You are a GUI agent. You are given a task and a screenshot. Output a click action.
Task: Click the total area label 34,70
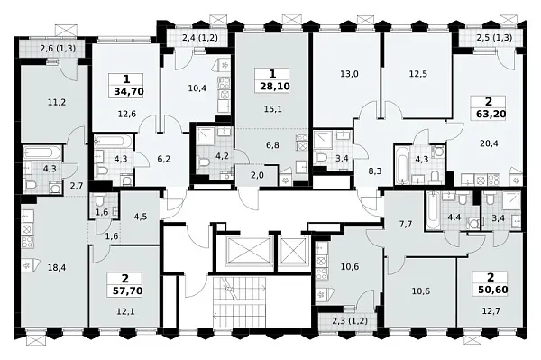tap(128, 92)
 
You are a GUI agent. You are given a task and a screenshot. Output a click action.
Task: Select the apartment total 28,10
tap(275, 87)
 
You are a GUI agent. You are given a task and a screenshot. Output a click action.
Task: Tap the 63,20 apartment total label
tap(490, 114)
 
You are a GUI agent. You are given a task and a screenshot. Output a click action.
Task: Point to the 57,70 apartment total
tap(127, 291)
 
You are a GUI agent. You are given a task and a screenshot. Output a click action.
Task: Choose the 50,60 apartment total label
tap(492, 290)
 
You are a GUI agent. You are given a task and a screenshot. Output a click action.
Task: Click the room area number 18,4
tap(57, 268)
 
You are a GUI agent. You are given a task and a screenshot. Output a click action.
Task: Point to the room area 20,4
tap(489, 143)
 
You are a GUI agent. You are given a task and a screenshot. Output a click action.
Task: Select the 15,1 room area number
tap(272, 109)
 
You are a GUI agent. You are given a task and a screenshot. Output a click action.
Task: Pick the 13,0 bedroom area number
tap(349, 74)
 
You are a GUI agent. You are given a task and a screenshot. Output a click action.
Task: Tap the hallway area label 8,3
tap(375, 171)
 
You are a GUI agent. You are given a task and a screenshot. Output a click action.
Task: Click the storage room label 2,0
tap(257, 175)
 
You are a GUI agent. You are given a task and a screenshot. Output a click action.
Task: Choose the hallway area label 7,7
tap(406, 225)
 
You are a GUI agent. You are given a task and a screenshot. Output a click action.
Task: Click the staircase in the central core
tap(240, 301)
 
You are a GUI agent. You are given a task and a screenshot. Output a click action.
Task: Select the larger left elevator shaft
tap(249, 250)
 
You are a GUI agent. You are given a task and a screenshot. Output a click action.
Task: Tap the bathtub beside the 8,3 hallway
tap(402, 166)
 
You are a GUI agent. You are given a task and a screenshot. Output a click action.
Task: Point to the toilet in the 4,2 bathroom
tap(205, 162)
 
